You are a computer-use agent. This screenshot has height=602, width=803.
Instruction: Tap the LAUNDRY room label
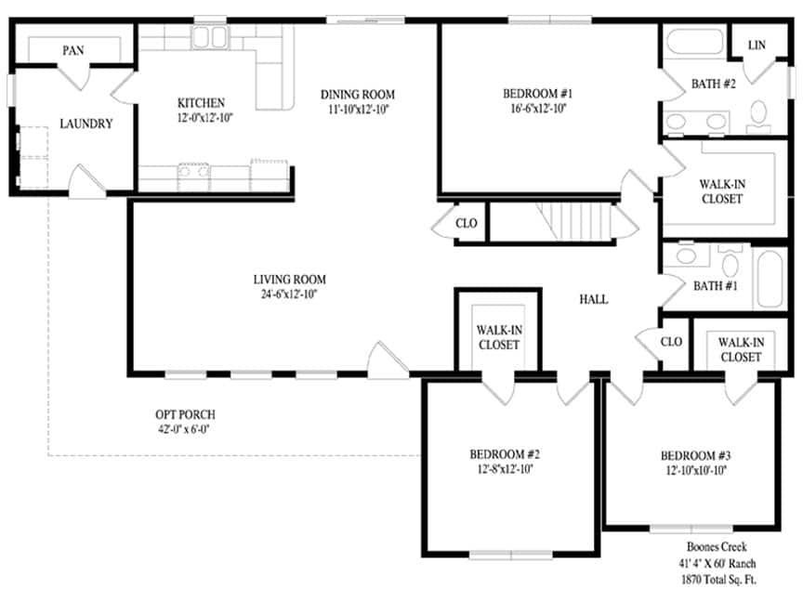tap(86, 124)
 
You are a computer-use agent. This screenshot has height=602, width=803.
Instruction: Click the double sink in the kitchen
tap(210, 38)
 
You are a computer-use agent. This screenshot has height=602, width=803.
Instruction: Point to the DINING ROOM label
tap(358, 94)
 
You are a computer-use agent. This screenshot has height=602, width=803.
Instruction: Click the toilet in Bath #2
tap(757, 112)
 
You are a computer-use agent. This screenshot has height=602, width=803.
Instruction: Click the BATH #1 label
tap(715, 285)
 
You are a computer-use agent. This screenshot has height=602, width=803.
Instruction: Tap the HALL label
tap(593, 299)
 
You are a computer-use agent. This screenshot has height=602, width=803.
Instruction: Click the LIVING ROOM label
tap(290, 279)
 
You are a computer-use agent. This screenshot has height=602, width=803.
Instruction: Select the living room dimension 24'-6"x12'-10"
tap(290, 294)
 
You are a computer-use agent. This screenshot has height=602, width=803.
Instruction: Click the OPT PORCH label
tap(186, 414)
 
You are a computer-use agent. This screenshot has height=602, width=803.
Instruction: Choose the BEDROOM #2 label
tap(505, 454)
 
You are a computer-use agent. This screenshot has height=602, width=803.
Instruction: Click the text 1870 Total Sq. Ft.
tap(717, 580)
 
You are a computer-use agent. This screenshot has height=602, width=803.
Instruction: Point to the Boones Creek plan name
tap(717, 547)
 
